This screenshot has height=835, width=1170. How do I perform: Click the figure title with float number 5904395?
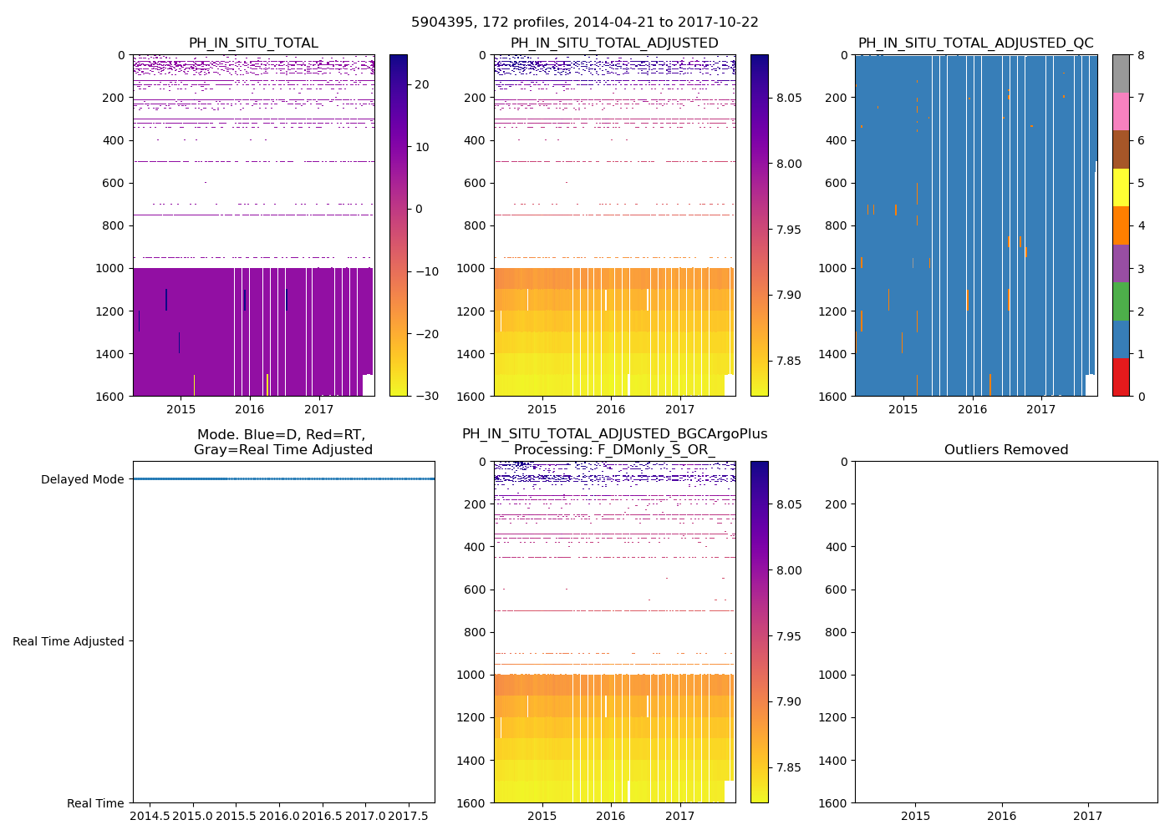[x=585, y=23]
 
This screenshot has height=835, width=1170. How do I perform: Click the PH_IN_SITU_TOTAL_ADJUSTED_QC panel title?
[x=975, y=43]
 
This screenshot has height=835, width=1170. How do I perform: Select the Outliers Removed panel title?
[x=1006, y=450]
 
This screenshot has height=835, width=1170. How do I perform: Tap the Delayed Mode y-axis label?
[x=82, y=479]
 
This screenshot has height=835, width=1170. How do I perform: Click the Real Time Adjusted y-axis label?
[x=69, y=641]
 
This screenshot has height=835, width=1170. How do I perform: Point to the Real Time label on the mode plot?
[x=95, y=803]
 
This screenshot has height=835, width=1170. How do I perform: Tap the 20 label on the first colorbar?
[x=422, y=84]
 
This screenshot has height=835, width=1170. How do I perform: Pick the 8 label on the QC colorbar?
[x=1140, y=55]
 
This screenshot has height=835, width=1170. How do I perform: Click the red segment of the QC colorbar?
[x=1121, y=377]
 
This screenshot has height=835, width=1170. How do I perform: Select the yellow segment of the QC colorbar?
[x=1121, y=188]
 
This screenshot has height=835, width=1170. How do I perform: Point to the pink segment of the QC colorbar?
[x=1121, y=112]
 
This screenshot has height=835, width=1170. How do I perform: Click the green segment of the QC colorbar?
[x=1121, y=301]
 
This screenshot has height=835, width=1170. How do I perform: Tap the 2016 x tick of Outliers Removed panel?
[x=1002, y=816]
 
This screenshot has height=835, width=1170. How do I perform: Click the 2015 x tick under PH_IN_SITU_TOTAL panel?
[x=181, y=409]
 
